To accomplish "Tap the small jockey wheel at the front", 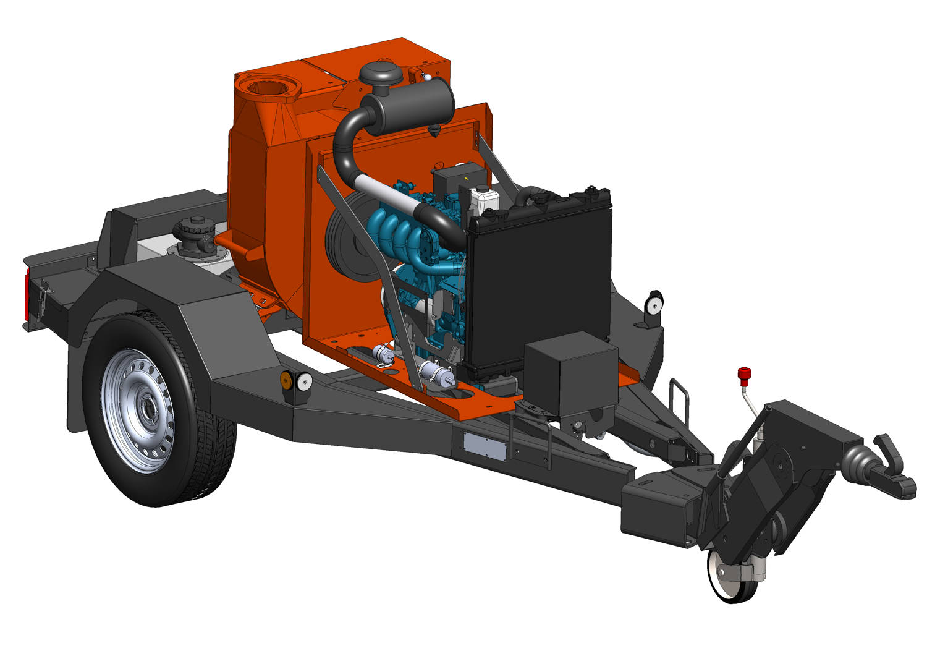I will click(x=732, y=574).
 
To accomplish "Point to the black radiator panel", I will click(x=538, y=291).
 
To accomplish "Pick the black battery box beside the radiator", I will click(x=570, y=373).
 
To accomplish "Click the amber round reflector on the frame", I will click(x=287, y=380).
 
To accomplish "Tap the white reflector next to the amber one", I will click(x=304, y=382).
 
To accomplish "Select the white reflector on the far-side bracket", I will click(x=653, y=304).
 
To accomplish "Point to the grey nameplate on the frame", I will click(x=485, y=445).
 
